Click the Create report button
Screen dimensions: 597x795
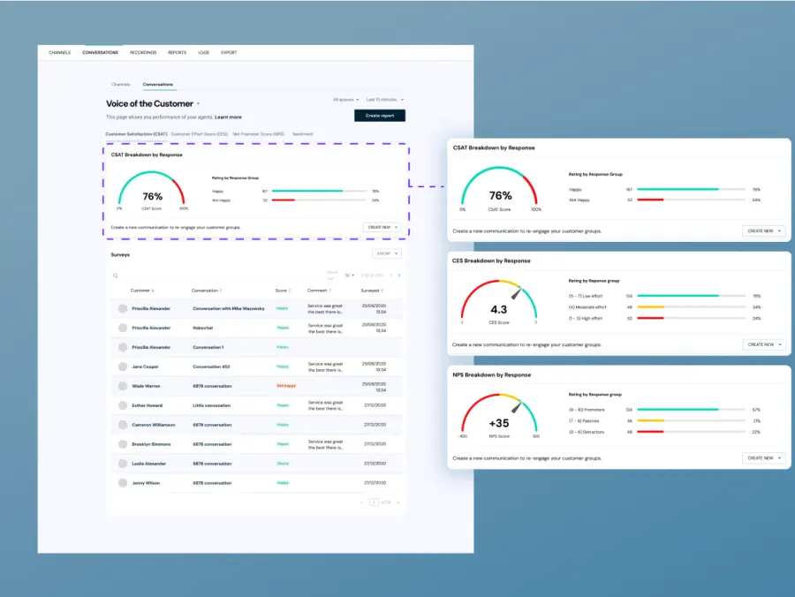(x=380, y=116)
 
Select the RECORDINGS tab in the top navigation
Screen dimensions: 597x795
(x=143, y=52)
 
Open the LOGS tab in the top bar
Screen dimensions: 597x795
(x=204, y=52)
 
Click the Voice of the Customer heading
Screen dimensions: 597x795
(x=149, y=103)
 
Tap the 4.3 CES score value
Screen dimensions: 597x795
(x=498, y=310)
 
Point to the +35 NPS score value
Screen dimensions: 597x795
(x=498, y=423)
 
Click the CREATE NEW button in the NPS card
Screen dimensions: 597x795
(x=763, y=458)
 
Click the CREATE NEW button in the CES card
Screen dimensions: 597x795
(x=763, y=344)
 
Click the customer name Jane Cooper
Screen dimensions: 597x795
(x=145, y=366)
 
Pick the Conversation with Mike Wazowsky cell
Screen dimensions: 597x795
(x=228, y=308)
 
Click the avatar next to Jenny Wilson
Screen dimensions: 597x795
(x=123, y=482)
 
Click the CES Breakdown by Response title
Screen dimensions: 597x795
(x=492, y=261)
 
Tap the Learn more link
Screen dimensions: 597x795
(x=228, y=117)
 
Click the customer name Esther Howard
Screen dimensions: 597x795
(x=148, y=404)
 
